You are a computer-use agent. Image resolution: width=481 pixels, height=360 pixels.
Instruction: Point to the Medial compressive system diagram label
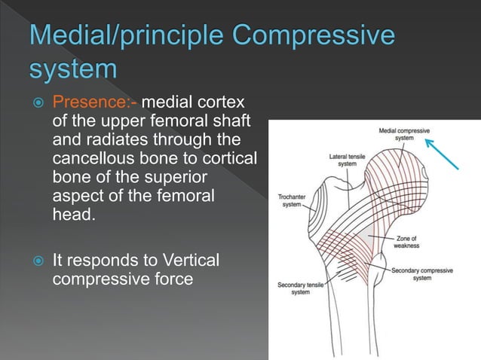click(x=405, y=134)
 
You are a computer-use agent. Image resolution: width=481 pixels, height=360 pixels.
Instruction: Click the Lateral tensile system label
click(x=348, y=160)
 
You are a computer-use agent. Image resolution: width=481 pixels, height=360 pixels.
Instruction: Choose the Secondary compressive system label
click(x=422, y=273)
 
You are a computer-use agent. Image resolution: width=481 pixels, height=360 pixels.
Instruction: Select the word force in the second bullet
click(x=174, y=279)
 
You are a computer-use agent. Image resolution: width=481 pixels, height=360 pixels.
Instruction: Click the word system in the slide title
click(x=74, y=71)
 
